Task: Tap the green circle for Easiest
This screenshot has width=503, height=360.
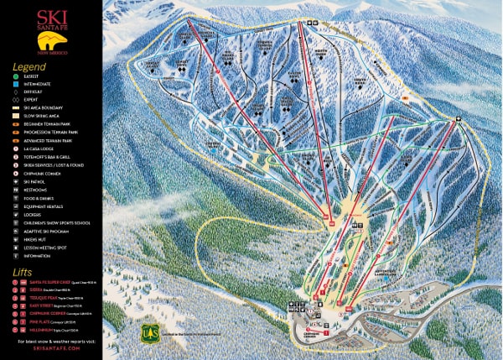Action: click(18, 76)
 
